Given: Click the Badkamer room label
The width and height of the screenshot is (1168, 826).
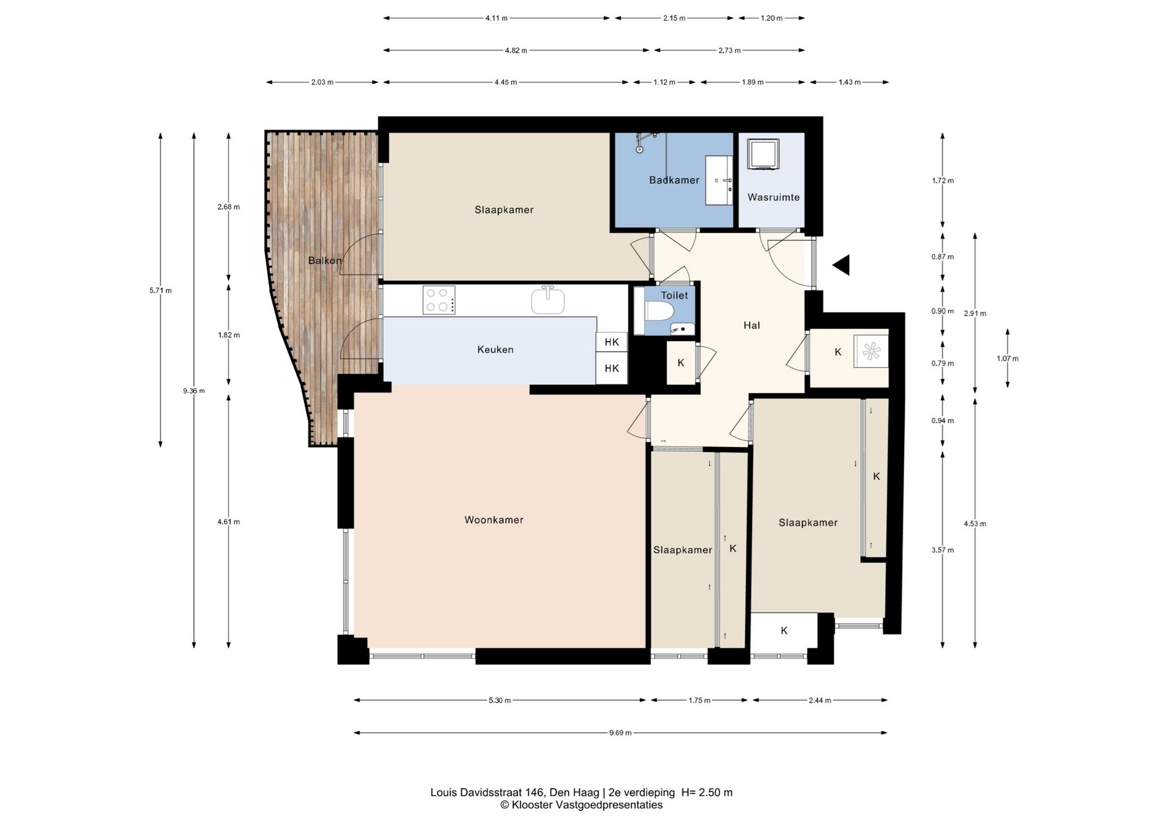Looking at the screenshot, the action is pos(674,180).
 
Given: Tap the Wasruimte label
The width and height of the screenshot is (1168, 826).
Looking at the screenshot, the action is pos(773,197).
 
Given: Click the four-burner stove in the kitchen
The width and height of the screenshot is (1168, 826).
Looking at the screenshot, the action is pos(439,300).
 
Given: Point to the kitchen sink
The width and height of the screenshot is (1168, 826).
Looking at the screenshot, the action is pos(547,300).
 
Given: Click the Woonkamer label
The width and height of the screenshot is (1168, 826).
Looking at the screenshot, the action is pos(494,520).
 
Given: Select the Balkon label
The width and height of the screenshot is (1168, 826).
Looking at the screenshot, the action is pos(324,260).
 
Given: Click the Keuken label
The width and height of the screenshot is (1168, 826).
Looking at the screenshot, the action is pos(495,350).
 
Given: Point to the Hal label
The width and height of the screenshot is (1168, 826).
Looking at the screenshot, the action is pos(752,325).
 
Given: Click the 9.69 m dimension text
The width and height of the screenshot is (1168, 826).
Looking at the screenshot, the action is pos(620,733).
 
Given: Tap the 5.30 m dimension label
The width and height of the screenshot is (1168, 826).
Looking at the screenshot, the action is pos(499,700).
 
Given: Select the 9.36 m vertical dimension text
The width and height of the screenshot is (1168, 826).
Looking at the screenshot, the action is pos(194,390).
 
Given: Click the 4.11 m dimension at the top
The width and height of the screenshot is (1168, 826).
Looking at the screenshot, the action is pos(496,18).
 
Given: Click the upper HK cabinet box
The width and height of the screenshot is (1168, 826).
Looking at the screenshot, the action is pos(611,342).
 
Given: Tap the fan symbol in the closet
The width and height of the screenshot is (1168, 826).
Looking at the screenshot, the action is pos(871,351).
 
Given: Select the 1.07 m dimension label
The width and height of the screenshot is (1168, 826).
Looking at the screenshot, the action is pos(1007,359).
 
